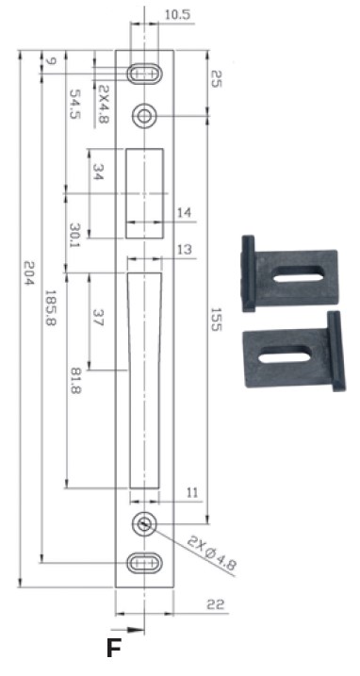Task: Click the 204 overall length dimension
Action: click(x=27, y=272)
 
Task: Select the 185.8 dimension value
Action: click(x=51, y=307)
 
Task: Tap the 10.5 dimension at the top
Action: click(x=177, y=15)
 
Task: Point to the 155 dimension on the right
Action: click(x=216, y=319)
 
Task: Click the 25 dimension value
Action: click(x=216, y=79)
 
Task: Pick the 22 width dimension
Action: click(x=216, y=604)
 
